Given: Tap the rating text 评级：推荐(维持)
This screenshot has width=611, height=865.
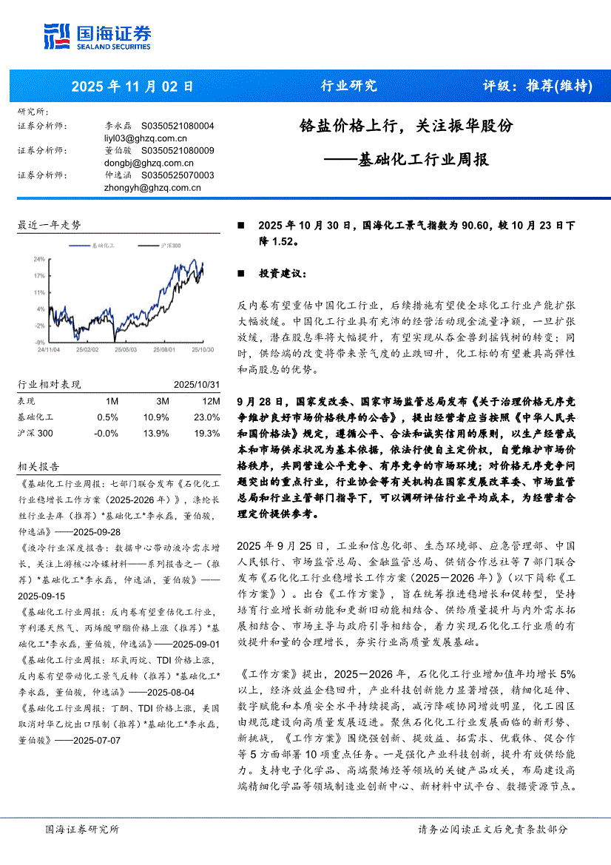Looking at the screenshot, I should [537, 86].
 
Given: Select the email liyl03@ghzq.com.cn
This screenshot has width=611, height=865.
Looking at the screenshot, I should [146, 138].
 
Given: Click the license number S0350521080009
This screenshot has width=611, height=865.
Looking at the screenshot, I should [178, 150].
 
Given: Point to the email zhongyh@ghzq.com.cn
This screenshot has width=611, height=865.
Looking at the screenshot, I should [153, 187].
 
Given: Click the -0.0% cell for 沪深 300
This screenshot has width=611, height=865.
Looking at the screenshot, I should [107, 433].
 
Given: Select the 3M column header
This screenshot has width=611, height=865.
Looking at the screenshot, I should [162, 400].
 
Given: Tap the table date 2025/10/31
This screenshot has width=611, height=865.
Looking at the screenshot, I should [197, 385].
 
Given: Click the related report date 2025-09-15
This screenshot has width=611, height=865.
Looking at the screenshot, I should [41, 596].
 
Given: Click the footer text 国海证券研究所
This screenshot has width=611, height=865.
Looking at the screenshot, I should [81, 829].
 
